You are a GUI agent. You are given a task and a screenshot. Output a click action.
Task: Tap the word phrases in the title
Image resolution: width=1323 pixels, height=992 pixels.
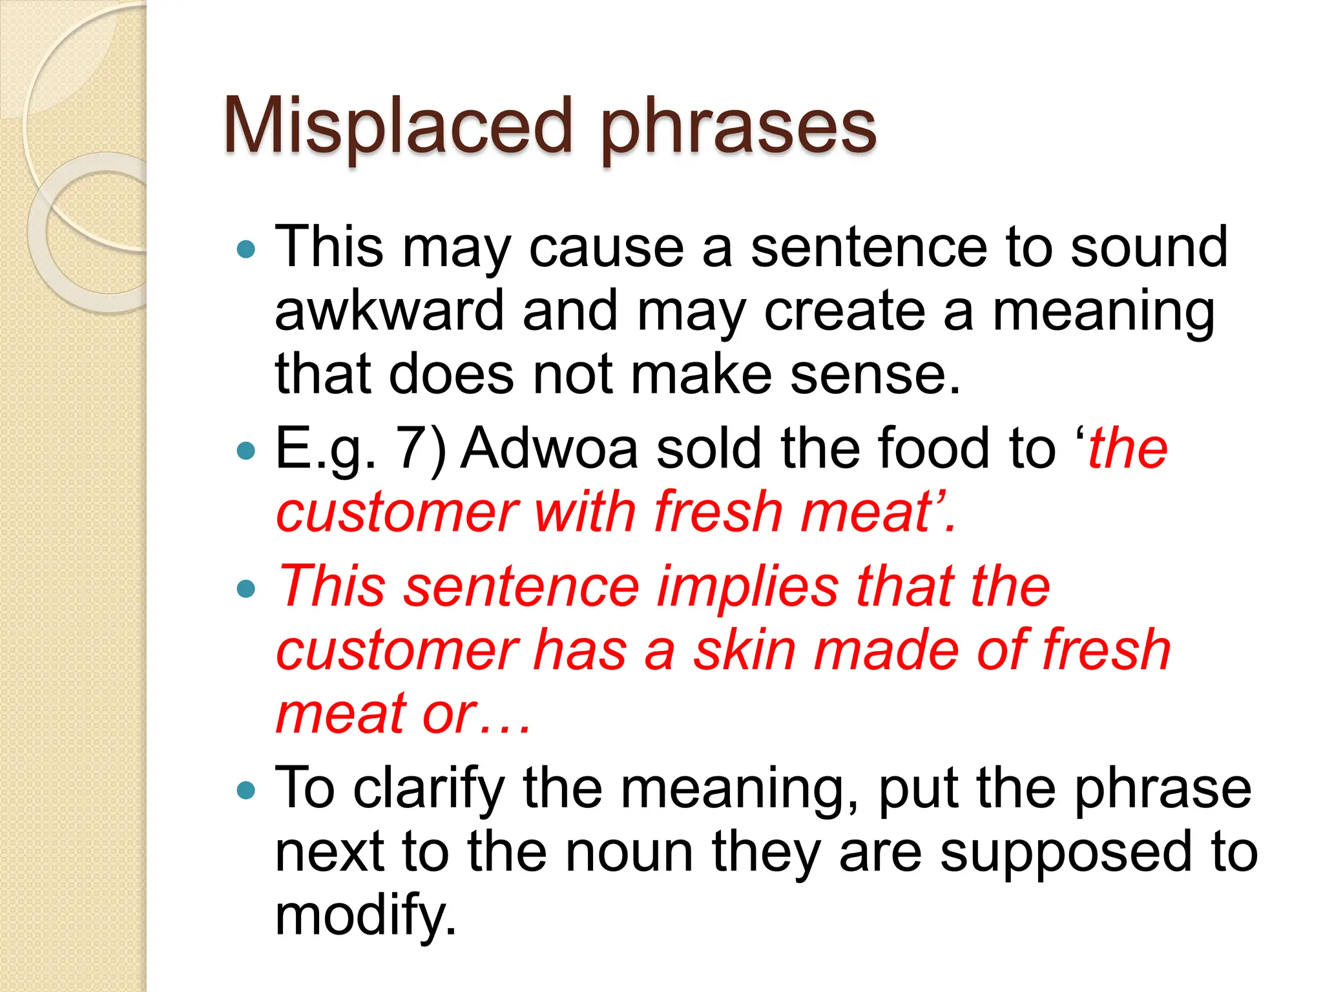click(x=738, y=129)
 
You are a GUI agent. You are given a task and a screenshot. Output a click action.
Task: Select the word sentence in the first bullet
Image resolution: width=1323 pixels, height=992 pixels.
click(x=869, y=248)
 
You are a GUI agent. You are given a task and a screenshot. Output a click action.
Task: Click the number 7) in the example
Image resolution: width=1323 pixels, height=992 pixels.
click(x=421, y=449)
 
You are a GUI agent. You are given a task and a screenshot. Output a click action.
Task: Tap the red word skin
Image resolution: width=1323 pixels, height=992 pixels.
click(x=744, y=650)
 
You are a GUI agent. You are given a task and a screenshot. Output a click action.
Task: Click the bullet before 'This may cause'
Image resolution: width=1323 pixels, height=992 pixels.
click(x=246, y=249)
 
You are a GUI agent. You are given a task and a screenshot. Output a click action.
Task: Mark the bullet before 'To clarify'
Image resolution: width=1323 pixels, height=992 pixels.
click(x=246, y=790)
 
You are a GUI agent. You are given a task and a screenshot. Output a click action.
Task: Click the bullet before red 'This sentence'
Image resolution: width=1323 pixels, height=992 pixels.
click(x=246, y=588)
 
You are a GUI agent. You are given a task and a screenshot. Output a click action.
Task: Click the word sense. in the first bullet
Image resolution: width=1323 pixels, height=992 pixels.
click(x=875, y=375)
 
